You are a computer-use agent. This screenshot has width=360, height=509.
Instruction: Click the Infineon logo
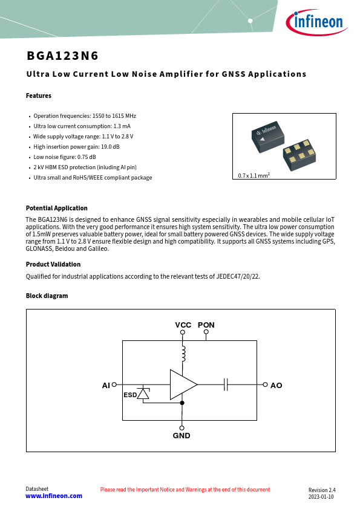pyautogui.click(x=317, y=22)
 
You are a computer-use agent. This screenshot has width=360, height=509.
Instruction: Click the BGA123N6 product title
pyautogui.click(x=62, y=56)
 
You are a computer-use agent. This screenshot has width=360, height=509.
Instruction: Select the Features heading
pyautogui.click(x=39, y=96)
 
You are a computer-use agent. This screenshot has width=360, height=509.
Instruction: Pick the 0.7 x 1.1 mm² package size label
pyautogui.click(x=254, y=175)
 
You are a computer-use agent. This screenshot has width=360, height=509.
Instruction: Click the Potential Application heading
pyautogui.click(x=56, y=208)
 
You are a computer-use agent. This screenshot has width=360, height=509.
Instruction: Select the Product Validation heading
pyautogui.click(x=53, y=264)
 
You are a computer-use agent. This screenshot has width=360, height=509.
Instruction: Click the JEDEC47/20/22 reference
pyautogui.click(x=238, y=277)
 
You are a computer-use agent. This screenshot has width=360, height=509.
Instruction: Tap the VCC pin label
pyautogui.click(x=183, y=325)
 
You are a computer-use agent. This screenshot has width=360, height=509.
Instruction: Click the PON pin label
pyautogui.click(x=206, y=325)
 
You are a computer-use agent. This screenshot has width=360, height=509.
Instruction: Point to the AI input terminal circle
pyautogui.click(x=114, y=384)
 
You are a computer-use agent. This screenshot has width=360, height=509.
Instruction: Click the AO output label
pyautogui.click(x=276, y=385)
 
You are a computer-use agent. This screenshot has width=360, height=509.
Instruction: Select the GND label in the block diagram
pyautogui.click(x=182, y=436)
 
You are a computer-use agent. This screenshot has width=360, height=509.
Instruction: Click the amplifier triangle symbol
pyautogui.click(x=183, y=384)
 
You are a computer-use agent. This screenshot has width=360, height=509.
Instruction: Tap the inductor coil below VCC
pyautogui.click(x=183, y=354)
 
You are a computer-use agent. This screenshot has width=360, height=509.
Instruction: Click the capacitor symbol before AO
pyautogui.click(x=226, y=384)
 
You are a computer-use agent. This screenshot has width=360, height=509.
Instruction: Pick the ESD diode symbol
pyautogui.click(x=143, y=393)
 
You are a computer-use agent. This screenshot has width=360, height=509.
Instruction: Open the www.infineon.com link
pyautogui.click(x=54, y=496)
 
